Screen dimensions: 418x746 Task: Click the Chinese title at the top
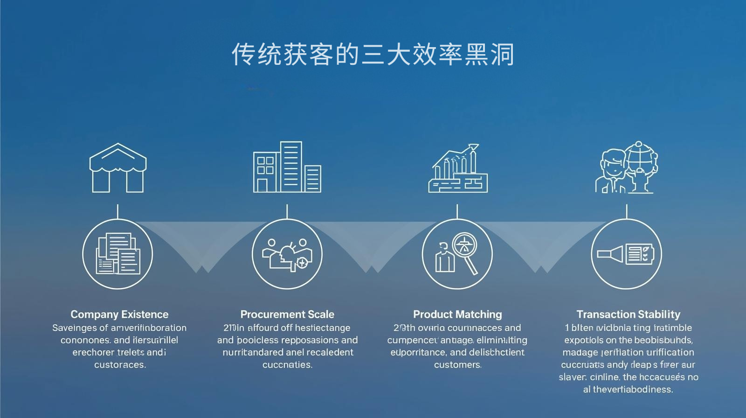point(373,55)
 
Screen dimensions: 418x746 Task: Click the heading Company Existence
point(119,314)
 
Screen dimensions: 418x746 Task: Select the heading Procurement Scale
point(287,314)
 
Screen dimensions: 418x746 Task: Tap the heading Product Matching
point(457,314)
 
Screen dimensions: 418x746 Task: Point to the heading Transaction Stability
point(628,314)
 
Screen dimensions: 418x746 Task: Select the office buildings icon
point(287,167)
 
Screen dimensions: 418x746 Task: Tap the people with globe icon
point(628,168)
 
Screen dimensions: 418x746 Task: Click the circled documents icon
point(117,254)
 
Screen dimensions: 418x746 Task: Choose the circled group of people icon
point(287,254)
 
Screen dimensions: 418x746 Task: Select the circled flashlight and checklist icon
point(627,254)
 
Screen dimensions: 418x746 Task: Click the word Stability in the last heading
point(661,314)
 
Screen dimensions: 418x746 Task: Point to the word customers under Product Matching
point(457,365)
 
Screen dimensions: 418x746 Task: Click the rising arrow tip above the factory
point(474,147)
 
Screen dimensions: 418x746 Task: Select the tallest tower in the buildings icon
point(291,167)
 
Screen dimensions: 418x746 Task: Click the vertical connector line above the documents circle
point(117,211)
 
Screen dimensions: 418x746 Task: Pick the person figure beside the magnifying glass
point(444,258)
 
